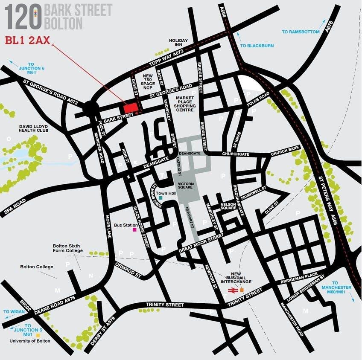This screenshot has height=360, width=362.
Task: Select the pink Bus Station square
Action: (x=134, y=229)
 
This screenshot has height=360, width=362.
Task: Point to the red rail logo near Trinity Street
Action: (x=232, y=290)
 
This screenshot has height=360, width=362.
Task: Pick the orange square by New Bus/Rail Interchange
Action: (x=242, y=290)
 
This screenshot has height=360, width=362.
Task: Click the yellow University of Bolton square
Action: (x=38, y=335)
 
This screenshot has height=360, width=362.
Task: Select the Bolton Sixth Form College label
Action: (x=68, y=248)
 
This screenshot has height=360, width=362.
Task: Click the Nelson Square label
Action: (x=228, y=206)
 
